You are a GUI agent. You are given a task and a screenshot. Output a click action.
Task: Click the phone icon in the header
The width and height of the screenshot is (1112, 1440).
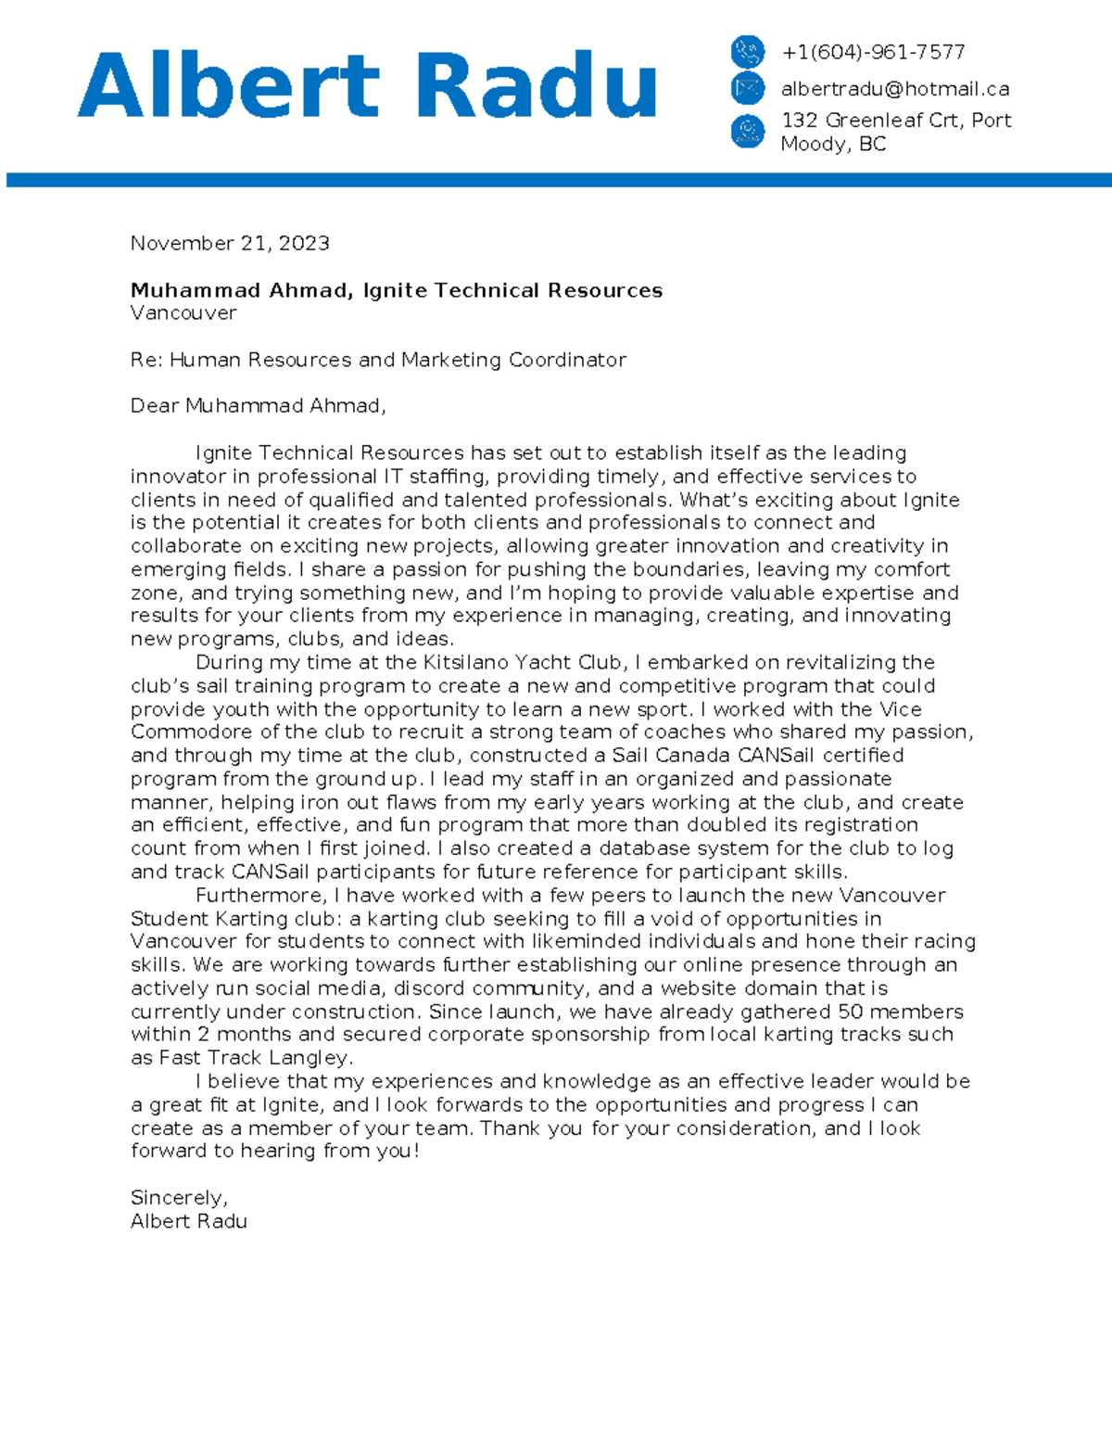(x=747, y=51)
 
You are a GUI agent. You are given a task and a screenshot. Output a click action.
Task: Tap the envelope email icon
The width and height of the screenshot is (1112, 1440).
(x=747, y=89)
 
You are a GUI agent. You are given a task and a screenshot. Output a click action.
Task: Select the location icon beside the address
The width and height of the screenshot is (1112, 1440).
(x=747, y=131)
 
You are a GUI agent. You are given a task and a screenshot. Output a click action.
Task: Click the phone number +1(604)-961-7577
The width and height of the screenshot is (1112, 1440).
(x=873, y=52)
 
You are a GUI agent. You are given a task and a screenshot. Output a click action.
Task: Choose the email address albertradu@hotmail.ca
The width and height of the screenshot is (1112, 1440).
(x=894, y=89)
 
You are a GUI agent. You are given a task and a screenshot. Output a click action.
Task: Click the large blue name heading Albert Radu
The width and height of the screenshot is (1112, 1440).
(x=367, y=85)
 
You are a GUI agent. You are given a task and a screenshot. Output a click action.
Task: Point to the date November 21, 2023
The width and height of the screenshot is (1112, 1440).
(x=230, y=243)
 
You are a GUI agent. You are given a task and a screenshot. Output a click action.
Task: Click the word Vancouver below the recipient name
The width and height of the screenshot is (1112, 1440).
(x=183, y=312)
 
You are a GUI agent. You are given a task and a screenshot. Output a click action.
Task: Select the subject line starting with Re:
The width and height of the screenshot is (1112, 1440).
(x=378, y=360)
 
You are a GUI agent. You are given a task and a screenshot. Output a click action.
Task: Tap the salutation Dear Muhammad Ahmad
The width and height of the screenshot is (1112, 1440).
(x=258, y=406)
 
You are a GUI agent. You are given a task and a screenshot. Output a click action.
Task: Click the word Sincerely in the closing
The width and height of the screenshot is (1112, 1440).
(x=178, y=1197)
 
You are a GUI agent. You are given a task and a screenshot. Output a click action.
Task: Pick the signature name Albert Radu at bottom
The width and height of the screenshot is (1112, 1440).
(x=189, y=1221)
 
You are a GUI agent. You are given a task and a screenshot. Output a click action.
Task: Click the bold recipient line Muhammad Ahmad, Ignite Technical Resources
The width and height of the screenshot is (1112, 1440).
(x=397, y=290)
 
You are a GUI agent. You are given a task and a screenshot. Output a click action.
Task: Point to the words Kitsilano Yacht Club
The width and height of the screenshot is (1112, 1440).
(x=522, y=662)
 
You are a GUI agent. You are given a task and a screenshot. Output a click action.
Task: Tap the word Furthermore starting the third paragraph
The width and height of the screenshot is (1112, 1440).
(x=260, y=896)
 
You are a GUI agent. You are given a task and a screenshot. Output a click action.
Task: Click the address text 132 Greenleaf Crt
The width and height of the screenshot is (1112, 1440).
(x=871, y=121)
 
